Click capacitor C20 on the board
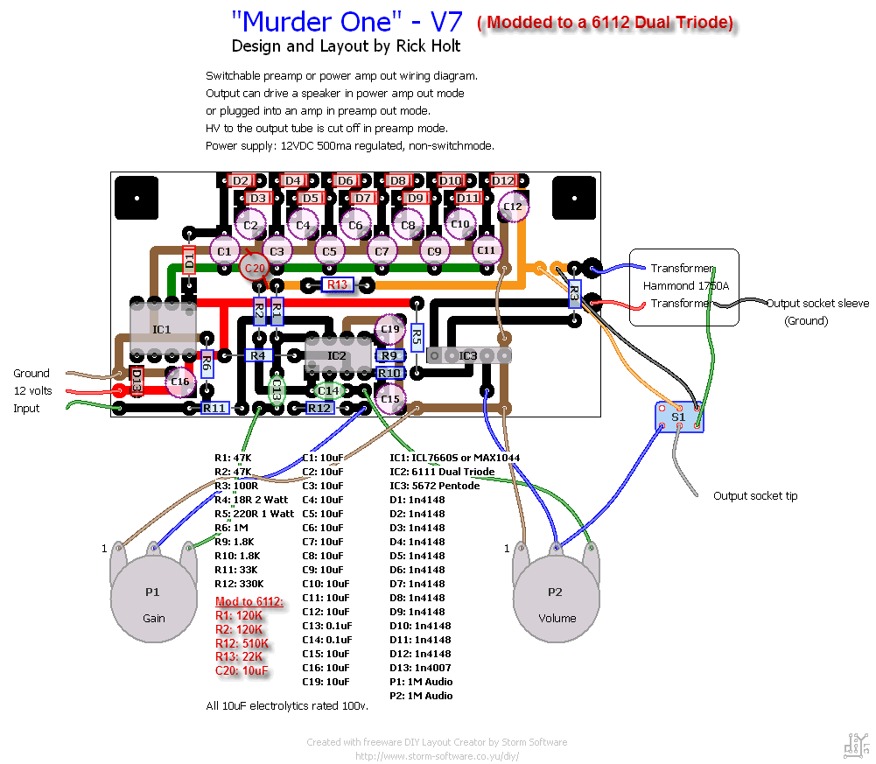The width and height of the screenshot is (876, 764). pyautogui.click(x=255, y=268)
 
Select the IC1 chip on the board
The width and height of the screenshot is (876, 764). pyautogui.click(x=162, y=329)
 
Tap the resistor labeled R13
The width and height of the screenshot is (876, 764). pyautogui.click(x=337, y=284)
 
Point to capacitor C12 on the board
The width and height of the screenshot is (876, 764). pyautogui.click(x=513, y=207)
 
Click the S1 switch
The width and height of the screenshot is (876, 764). pyautogui.click(x=678, y=417)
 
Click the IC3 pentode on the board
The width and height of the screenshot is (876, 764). pyautogui.click(x=468, y=355)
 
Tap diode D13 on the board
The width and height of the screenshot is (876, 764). pyautogui.click(x=137, y=379)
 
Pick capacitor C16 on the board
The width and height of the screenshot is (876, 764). pyautogui.click(x=180, y=382)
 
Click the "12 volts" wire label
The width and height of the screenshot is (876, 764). pyautogui.click(x=32, y=390)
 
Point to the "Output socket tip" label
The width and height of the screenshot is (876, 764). pyautogui.click(x=755, y=496)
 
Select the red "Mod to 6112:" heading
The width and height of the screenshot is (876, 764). pyautogui.click(x=249, y=601)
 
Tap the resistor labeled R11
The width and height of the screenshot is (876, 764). pyautogui.click(x=214, y=408)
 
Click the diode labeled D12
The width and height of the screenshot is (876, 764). pyautogui.click(x=502, y=180)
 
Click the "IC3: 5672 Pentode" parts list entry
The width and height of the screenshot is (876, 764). pyautogui.click(x=434, y=486)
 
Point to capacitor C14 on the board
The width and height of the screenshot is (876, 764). pyautogui.click(x=328, y=390)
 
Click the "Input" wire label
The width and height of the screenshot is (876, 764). pyautogui.click(x=26, y=408)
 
